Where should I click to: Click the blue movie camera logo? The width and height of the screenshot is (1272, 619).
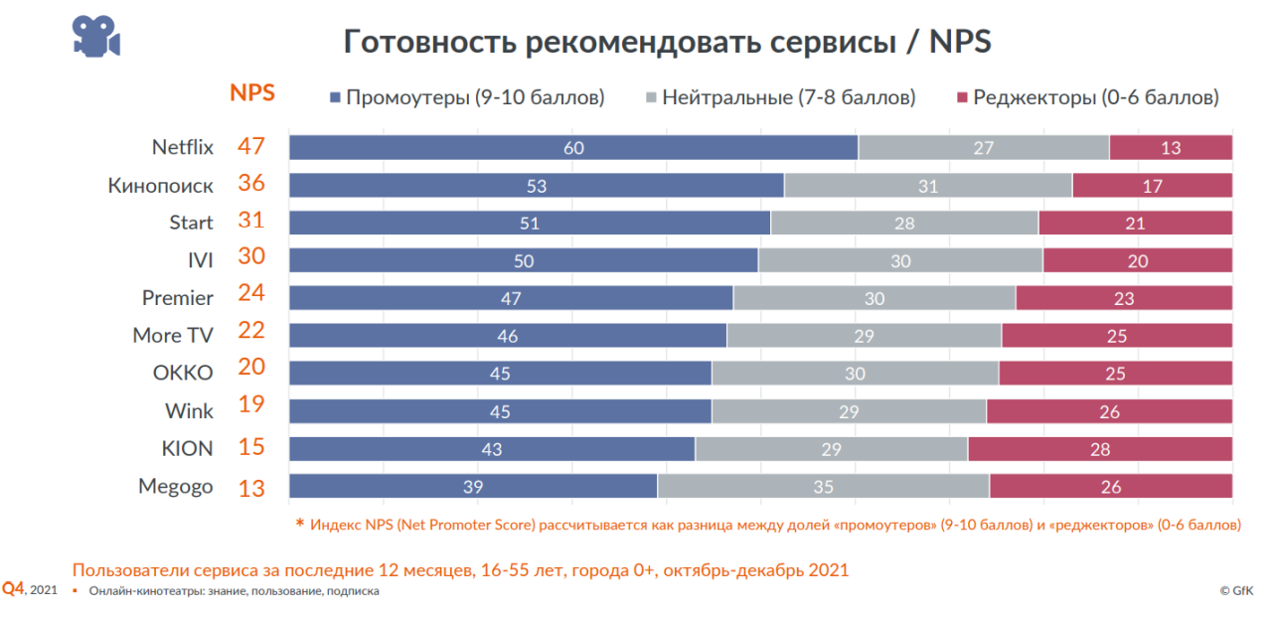[95, 37]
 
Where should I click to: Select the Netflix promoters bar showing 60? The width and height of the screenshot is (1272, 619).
[573, 147]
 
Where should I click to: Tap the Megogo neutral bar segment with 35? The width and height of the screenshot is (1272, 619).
[823, 486]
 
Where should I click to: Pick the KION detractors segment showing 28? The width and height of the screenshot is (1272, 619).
[1100, 448]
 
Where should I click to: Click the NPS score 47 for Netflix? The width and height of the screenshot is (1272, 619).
[251, 146]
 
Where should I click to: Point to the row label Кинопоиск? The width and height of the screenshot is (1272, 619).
[160, 185]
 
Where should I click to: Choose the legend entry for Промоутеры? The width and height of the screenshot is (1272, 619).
[466, 97]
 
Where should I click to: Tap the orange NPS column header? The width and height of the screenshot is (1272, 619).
[252, 93]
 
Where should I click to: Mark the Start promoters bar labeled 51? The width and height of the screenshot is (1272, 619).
[530, 223]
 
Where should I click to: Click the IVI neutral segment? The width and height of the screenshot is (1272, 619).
[900, 260]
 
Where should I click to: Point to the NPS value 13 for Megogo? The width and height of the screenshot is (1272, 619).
[251, 487]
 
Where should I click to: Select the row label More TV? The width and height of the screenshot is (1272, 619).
[173, 335]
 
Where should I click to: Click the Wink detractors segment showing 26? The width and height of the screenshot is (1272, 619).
[1109, 410]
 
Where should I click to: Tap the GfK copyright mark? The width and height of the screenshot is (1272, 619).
[1236, 590]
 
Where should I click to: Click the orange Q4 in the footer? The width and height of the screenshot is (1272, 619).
[13, 588]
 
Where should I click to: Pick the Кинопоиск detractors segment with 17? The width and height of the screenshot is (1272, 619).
[1152, 185]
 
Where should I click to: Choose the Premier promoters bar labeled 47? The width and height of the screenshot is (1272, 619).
[511, 298]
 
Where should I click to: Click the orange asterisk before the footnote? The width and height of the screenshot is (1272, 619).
[300, 523]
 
